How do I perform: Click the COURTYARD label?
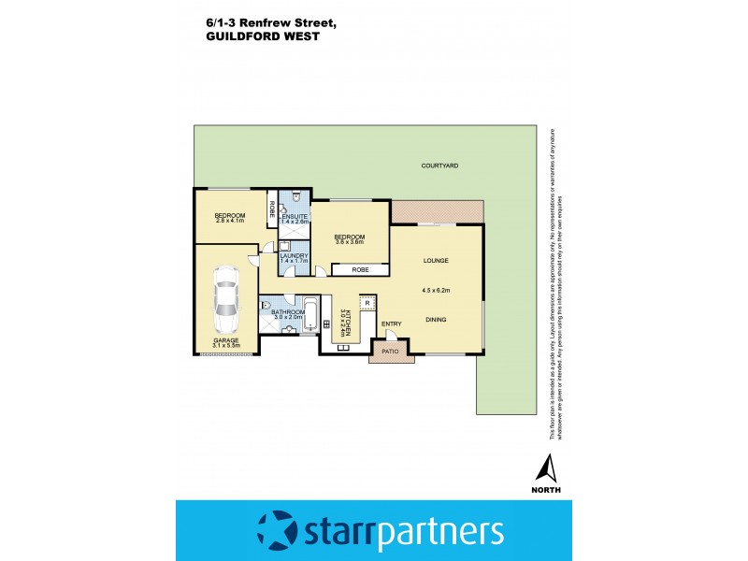(x=439, y=165)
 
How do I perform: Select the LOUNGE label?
(x=437, y=261)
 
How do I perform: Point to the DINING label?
(x=436, y=320)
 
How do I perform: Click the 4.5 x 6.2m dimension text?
(x=436, y=290)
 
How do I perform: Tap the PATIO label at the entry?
(x=389, y=352)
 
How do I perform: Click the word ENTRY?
(x=392, y=324)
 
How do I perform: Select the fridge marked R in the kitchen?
(x=367, y=304)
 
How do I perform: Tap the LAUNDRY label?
(x=295, y=254)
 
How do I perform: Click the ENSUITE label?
(x=295, y=217)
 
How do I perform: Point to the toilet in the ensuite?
(x=294, y=196)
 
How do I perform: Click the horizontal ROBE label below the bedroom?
(x=360, y=269)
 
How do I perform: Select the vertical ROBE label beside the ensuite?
(x=272, y=209)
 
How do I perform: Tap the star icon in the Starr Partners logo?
(x=276, y=529)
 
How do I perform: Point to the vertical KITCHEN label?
(x=345, y=322)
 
